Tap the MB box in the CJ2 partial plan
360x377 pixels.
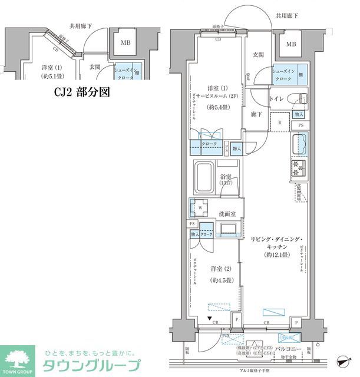click(x=125, y=42)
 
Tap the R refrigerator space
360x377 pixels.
click(x=280, y=123)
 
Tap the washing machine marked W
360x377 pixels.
click(x=199, y=207)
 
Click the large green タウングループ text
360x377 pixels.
click(x=91, y=364)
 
